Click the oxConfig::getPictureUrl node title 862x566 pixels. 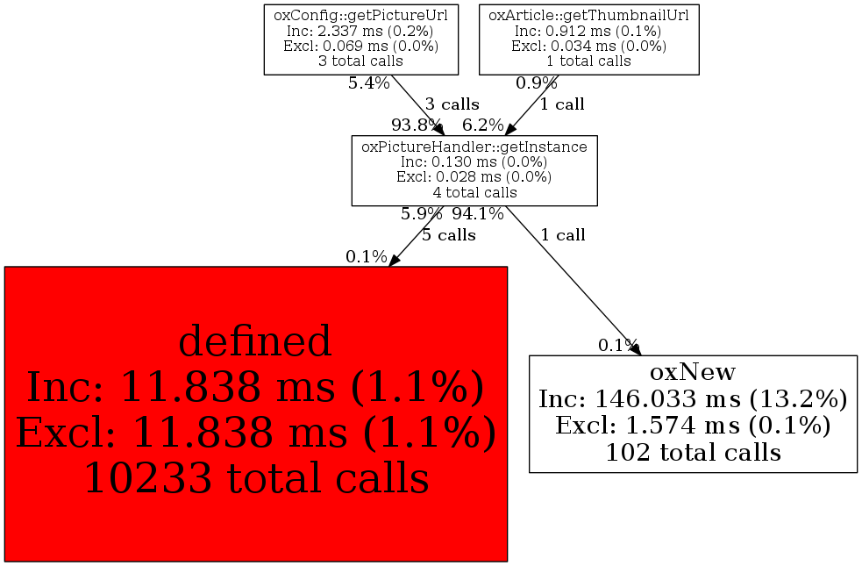pos(360,16)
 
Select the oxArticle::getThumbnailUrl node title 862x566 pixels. pos(588,16)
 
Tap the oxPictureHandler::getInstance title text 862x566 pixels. pos(474,147)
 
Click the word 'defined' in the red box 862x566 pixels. pos(255,341)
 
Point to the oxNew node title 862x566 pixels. pos(693,372)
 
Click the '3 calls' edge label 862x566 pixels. pos(452,104)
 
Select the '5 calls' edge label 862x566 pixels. pos(449,235)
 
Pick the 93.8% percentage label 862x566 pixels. pos(417,125)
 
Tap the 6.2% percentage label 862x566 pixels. pos(482,125)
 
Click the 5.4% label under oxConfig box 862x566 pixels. pos(369,83)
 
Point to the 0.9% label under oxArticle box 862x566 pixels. pos(537,83)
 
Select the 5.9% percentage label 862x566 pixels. pos(422,213)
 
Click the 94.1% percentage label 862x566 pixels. pos(478,213)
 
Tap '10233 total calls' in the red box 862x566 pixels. pos(256,477)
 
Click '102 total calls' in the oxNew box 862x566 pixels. pos(694,453)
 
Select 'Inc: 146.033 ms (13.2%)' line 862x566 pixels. pos(694,398)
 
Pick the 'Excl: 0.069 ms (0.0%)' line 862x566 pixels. pos(360,46)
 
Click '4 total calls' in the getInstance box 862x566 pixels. pos(474,192)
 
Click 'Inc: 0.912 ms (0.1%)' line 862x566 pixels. pos(588,31)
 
